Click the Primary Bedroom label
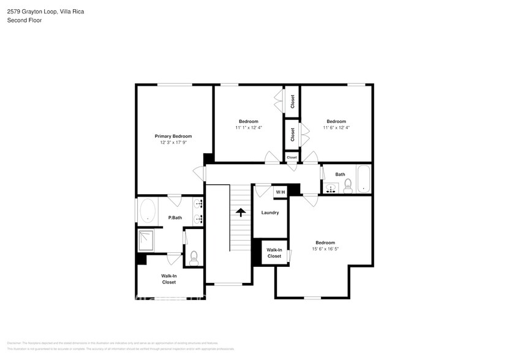pos(173,136)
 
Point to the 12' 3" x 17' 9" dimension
pos(173,143)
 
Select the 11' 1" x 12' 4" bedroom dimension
pos(248,128)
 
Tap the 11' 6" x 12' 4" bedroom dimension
pos(336,128)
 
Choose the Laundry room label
pos(270,212)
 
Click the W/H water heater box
pos(281,192)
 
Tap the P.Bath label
pos(175,218)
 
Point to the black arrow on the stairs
pos(241,212)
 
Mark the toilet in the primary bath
pos(194,257)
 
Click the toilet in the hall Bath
pos(347,185)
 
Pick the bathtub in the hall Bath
pos(363,179)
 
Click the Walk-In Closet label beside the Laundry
pos(274,253)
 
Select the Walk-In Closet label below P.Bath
pos(169,279)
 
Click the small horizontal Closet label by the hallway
pos(292,157)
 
